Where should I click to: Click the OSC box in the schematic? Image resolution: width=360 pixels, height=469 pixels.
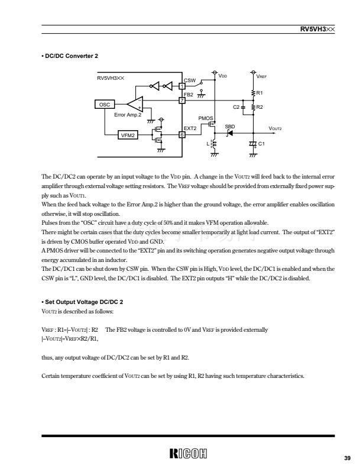click(105, 105)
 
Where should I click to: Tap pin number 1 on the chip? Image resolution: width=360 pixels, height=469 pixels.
click(181, 86)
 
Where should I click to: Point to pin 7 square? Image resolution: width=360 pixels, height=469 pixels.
click(181, 99)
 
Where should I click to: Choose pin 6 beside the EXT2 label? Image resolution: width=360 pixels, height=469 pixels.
click(181, 134)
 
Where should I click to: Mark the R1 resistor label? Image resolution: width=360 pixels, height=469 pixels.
click(260, 93)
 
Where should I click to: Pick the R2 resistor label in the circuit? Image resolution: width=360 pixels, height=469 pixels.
click(260, 107)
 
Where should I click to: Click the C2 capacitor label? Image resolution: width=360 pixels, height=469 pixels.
click(236, 107)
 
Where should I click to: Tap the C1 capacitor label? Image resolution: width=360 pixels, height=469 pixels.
click(261, 144)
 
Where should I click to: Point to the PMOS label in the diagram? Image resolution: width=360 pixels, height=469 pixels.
click(205, 118)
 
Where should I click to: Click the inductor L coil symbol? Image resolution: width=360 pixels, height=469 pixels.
click(214, 143)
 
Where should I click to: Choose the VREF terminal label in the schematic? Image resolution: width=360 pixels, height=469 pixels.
click(261, 76)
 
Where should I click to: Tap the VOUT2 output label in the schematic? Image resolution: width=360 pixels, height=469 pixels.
click(276, 128)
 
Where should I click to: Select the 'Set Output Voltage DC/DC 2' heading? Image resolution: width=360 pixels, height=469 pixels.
click(83, 303)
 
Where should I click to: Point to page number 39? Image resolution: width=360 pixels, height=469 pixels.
click(346, 458)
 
